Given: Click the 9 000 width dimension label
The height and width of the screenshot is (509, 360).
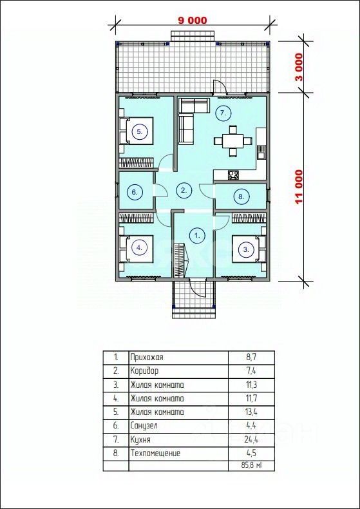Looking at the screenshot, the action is point(193,20).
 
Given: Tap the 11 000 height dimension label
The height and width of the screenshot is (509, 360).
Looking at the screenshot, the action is point(298,187).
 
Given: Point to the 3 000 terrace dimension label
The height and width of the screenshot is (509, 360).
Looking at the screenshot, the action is point(298,67).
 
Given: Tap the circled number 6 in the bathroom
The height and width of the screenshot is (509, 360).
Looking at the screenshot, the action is point(134,192).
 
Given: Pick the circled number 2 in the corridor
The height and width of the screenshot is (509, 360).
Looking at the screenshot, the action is point(184,191).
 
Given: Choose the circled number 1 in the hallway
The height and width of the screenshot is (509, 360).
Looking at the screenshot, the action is point(197,235).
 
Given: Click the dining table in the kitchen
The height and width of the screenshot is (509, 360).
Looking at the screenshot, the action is point(233,141).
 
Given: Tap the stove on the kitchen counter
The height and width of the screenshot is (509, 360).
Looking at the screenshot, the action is point(233,175).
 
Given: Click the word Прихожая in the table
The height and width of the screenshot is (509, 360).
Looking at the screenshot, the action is point(147,358).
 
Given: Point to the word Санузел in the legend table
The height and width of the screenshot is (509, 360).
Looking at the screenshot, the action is point(144,426).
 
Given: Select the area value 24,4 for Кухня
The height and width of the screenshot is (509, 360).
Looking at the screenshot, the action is point(251,439).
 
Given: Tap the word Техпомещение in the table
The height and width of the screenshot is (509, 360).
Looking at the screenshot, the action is point(155,453).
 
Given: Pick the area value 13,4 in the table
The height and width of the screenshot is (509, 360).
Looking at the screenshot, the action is point(251,412).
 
